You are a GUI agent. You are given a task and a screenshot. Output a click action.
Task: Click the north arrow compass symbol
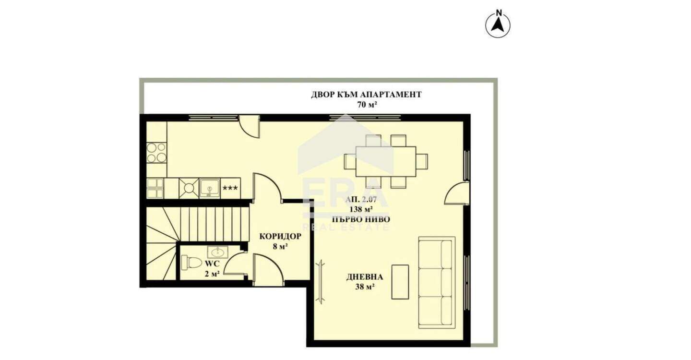[498, 24]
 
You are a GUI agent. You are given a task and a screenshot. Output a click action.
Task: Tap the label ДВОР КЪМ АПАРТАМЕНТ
[366, 95]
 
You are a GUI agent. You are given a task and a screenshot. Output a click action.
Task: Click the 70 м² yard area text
[367, 105]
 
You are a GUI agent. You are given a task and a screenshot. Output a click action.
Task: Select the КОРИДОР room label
[280, 236]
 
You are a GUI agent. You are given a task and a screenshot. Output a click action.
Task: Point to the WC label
[212, 264]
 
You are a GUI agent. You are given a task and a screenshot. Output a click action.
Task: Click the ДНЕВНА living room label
[365, 277]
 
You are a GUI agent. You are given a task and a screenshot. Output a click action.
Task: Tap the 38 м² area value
[365, 287]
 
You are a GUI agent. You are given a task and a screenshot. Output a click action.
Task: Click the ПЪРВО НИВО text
[361, 219]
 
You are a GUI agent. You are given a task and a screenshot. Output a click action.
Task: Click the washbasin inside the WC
[217, 252]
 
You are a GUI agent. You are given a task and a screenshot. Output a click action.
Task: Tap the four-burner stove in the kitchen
[156, 153]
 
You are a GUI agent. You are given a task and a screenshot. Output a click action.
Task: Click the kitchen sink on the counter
[209, 188]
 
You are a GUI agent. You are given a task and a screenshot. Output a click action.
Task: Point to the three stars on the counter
[230, 188]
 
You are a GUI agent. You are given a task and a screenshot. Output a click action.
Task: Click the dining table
[386, 162]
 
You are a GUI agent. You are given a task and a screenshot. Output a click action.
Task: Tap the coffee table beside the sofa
[400, 282]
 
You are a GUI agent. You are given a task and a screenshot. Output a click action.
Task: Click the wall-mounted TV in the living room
[321, 282]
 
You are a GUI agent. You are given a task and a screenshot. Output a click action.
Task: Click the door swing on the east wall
[457, 193]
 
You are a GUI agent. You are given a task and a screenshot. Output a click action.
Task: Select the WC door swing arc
[235, 262]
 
